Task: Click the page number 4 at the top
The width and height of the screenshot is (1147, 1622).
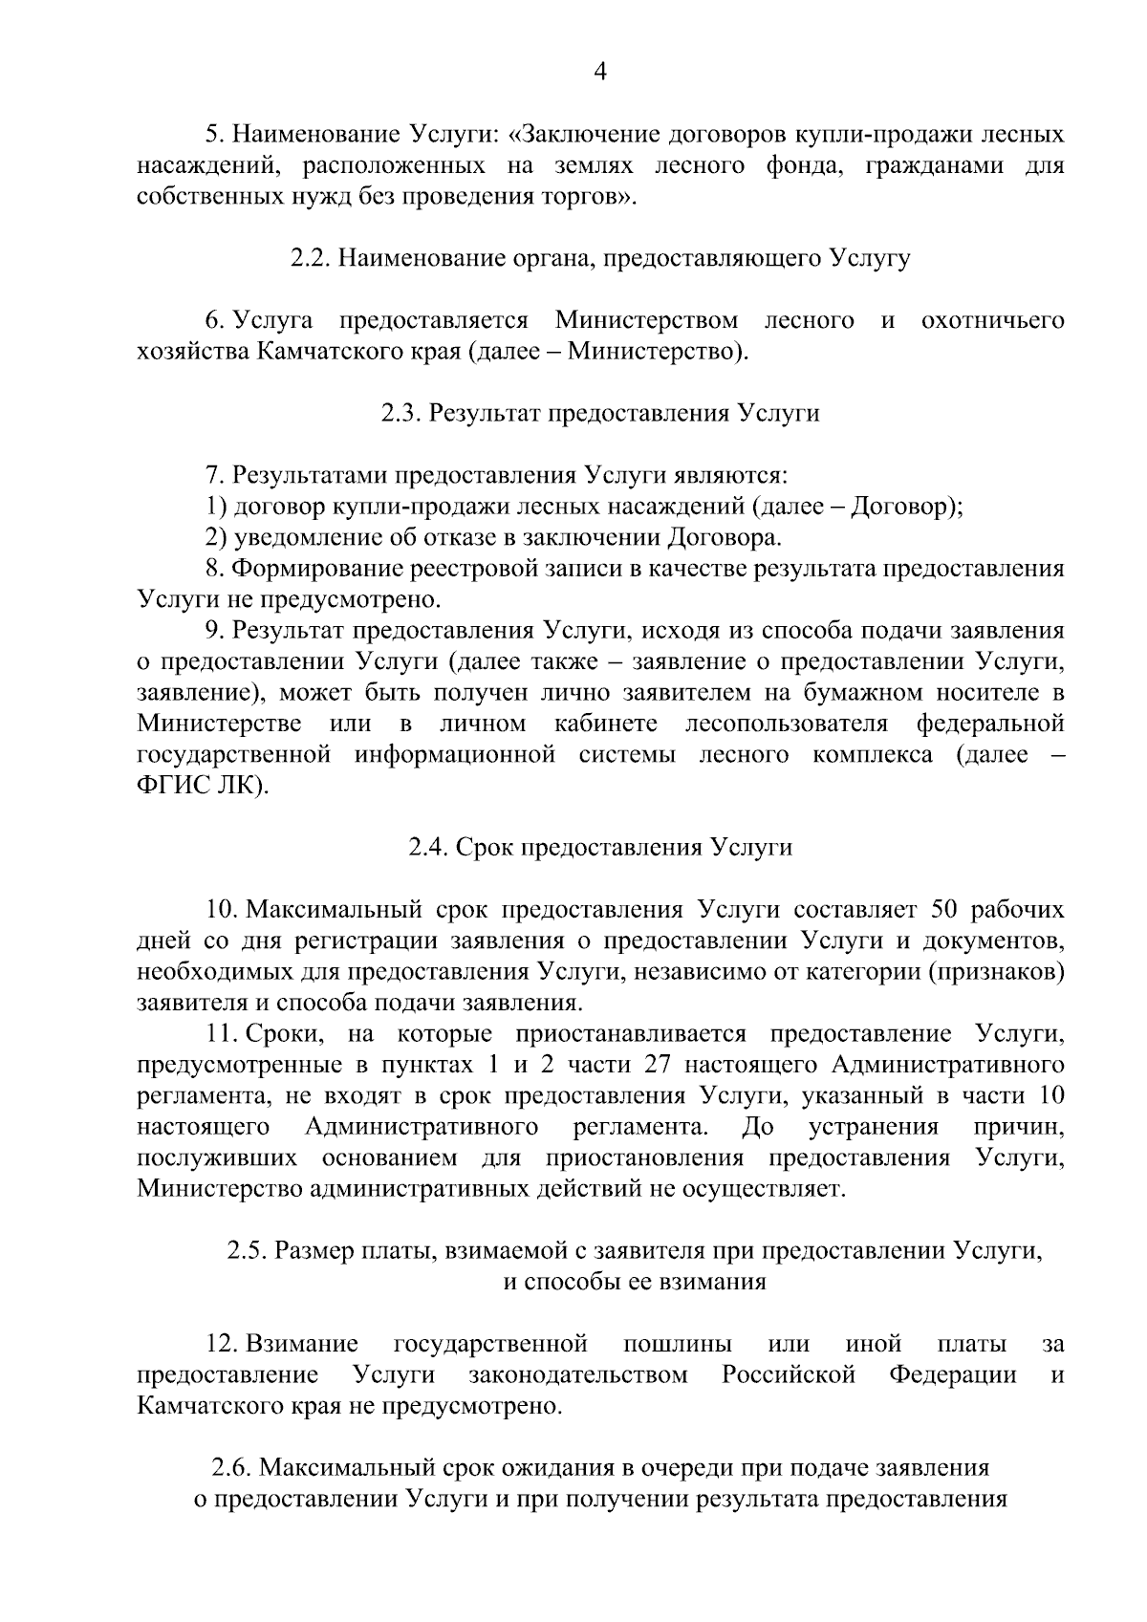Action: coord(600,72)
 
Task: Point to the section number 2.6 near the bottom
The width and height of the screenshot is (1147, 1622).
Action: coord(230,1467)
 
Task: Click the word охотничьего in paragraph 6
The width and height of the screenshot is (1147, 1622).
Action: coord(992,321)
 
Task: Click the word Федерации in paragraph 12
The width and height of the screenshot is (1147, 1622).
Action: coord(953,1376)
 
